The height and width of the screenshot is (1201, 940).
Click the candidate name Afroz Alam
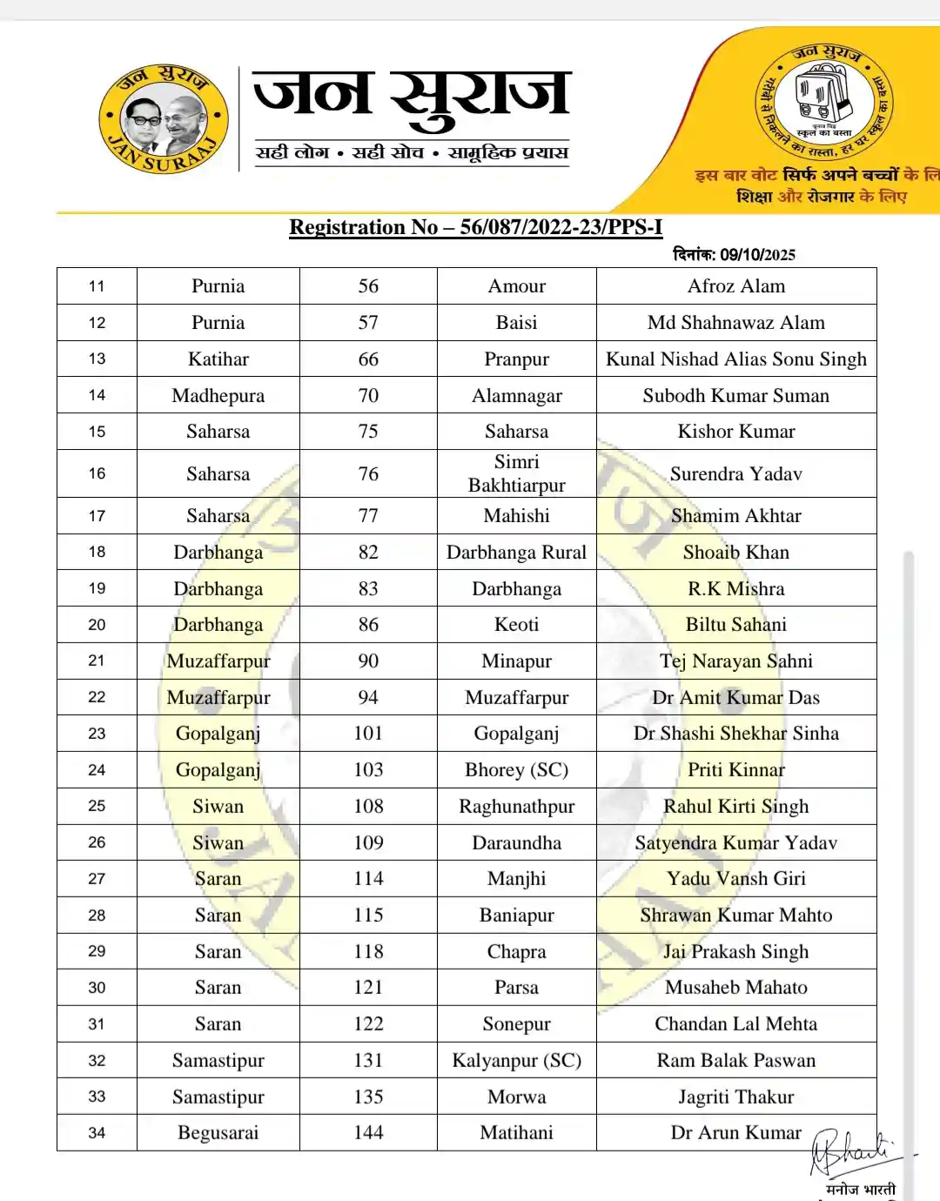(x=735, y=286)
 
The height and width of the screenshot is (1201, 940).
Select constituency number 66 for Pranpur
(x=368, y=359)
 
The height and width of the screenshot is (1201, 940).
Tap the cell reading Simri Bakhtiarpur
(x=516, y=473)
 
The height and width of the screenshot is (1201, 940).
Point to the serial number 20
(x=97, y=625)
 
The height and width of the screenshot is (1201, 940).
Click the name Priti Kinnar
(x=735, y=770)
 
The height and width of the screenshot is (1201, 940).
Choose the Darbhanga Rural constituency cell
(x=516, y=553)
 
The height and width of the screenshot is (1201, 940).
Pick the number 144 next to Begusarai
(x=368, y=1133)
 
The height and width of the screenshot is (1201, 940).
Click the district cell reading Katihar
(x=218, y=359)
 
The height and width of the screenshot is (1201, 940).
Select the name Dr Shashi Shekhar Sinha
(x=735, y=734)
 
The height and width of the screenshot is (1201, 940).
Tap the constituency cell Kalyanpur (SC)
(x=516, y=1061)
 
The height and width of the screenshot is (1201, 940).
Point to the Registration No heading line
(x=475, y=227)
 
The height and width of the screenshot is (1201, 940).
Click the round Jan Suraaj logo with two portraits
(x=164, y=119)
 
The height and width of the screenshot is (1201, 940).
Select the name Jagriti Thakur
(x=735, y=1097)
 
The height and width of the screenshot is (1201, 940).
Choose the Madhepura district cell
(x=218, y=396)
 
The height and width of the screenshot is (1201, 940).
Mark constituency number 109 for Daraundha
(x=368, y=843)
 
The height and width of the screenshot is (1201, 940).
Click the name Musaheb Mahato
(x=735, y=988)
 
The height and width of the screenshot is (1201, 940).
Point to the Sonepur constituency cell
(x=516, y=1024)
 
